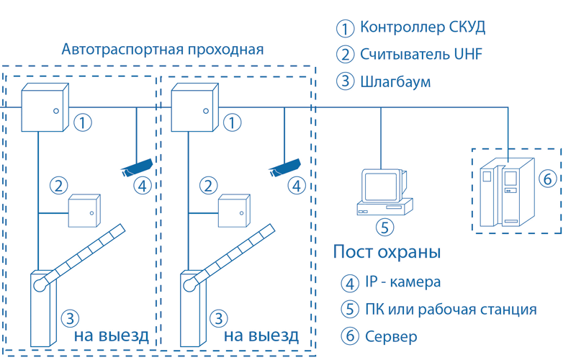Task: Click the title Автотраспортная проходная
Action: (x=163, y=50)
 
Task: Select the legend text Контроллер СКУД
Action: (x=423, y=27)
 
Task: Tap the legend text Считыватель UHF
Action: (x=421, y=55)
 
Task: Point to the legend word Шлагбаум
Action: (x=395, y=81)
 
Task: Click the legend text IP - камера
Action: (x=402, y=282)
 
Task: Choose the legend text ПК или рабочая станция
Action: (x=451, y=310)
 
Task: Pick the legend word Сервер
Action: (x=391, y=336)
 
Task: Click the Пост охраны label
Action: (x=387, y=252)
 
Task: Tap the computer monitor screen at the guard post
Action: (x=381, y=186)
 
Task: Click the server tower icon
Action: (x=507, y=192)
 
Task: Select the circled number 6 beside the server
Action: (x=547, y=179)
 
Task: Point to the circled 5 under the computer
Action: (x=384, y=227)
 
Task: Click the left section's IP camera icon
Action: (x=137, y=168)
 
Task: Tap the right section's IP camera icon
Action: (x=284, y=168)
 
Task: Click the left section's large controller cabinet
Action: (x=45, y=107)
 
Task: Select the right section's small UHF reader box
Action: (x=234, y=211)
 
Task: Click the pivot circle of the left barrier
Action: (x=40, y=285)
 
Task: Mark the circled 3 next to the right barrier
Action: (x=219, y=318)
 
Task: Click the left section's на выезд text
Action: (x=112, y=336)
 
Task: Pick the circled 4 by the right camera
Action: (x=297, y=186)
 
